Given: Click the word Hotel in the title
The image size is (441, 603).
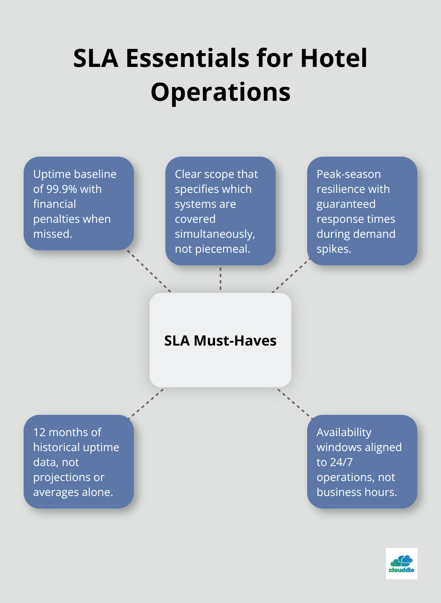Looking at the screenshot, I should click(334, 58).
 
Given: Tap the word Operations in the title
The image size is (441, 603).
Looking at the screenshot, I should click(220, 93).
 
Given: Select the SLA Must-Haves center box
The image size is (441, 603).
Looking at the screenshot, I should click(220, 340).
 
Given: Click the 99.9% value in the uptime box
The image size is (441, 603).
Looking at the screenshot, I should click(61, 189).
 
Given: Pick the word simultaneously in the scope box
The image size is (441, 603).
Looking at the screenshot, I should click(215, 234).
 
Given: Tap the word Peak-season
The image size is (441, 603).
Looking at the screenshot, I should click(348, 174).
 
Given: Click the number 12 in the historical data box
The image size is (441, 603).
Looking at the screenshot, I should click(39, 433).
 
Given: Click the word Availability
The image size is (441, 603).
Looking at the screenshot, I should click(344, 433).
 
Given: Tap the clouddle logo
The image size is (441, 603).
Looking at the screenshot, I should click(401, 564).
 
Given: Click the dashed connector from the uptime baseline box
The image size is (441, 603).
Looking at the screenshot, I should click(149, 271).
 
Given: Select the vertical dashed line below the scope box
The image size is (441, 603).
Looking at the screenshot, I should click(220, 279).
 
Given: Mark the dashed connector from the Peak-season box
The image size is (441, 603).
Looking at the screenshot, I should click(291, 275).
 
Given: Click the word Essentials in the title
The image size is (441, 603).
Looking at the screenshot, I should click(187, 58).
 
